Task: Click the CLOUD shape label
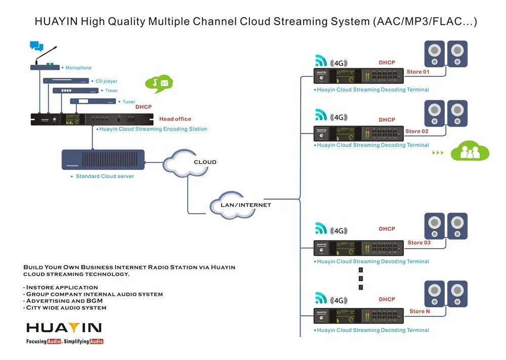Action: [204, 162]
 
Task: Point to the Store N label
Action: [419, 311]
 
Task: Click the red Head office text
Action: [175, 119]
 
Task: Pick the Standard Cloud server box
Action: [103, 159]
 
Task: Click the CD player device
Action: [66, 81]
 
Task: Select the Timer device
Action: [75, 91]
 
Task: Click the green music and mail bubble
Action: [159, 83]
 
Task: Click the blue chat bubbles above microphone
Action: [36, 47]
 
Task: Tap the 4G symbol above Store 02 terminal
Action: [339, 117]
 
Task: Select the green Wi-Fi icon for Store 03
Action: [321, 228]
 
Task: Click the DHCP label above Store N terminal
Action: [387, 299]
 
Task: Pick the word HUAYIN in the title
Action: [56, 22]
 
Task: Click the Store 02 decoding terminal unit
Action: [359, 134]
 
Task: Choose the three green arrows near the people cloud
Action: [438, 152]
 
